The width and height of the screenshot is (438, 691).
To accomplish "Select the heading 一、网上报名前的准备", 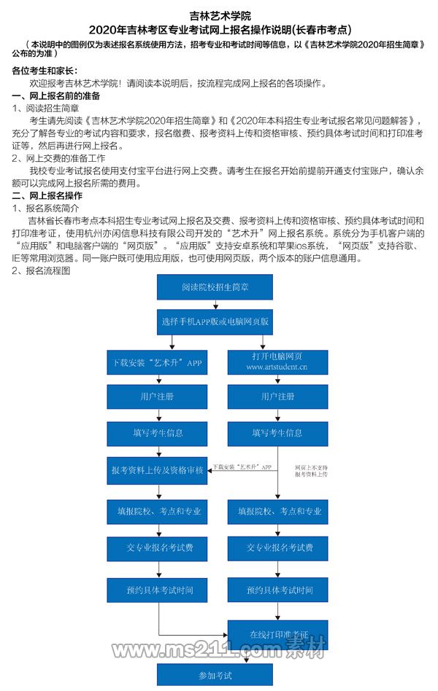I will [x=57, y=96].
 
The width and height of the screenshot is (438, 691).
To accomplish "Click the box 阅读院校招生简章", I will [x=215, y=287].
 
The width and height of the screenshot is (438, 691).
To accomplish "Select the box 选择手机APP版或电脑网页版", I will [x=215, y=321].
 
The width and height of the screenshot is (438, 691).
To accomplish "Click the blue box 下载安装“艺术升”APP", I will [x=156, y=362].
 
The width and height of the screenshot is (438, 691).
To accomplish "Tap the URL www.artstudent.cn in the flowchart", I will [x=277, y=367].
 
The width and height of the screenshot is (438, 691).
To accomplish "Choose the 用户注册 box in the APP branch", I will [x=156, y=397].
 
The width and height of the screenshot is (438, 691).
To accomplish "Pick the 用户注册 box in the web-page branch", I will [x=277, y=397].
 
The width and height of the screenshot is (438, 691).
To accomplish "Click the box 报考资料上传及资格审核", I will [x=156, y=470].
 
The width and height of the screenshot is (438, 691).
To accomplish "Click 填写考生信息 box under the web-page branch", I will [x=277, y=433].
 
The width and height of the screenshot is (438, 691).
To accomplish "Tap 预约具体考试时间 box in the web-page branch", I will [x=277, y=590].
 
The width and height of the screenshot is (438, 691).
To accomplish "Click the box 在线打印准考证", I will [x=277, y=634].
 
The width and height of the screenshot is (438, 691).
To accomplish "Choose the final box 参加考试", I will [x=215, y=676].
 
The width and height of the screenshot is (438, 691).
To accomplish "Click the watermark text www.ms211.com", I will [x=197, y=649].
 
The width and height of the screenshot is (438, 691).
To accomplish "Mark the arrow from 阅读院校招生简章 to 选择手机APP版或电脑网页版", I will [x=215, y=305].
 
